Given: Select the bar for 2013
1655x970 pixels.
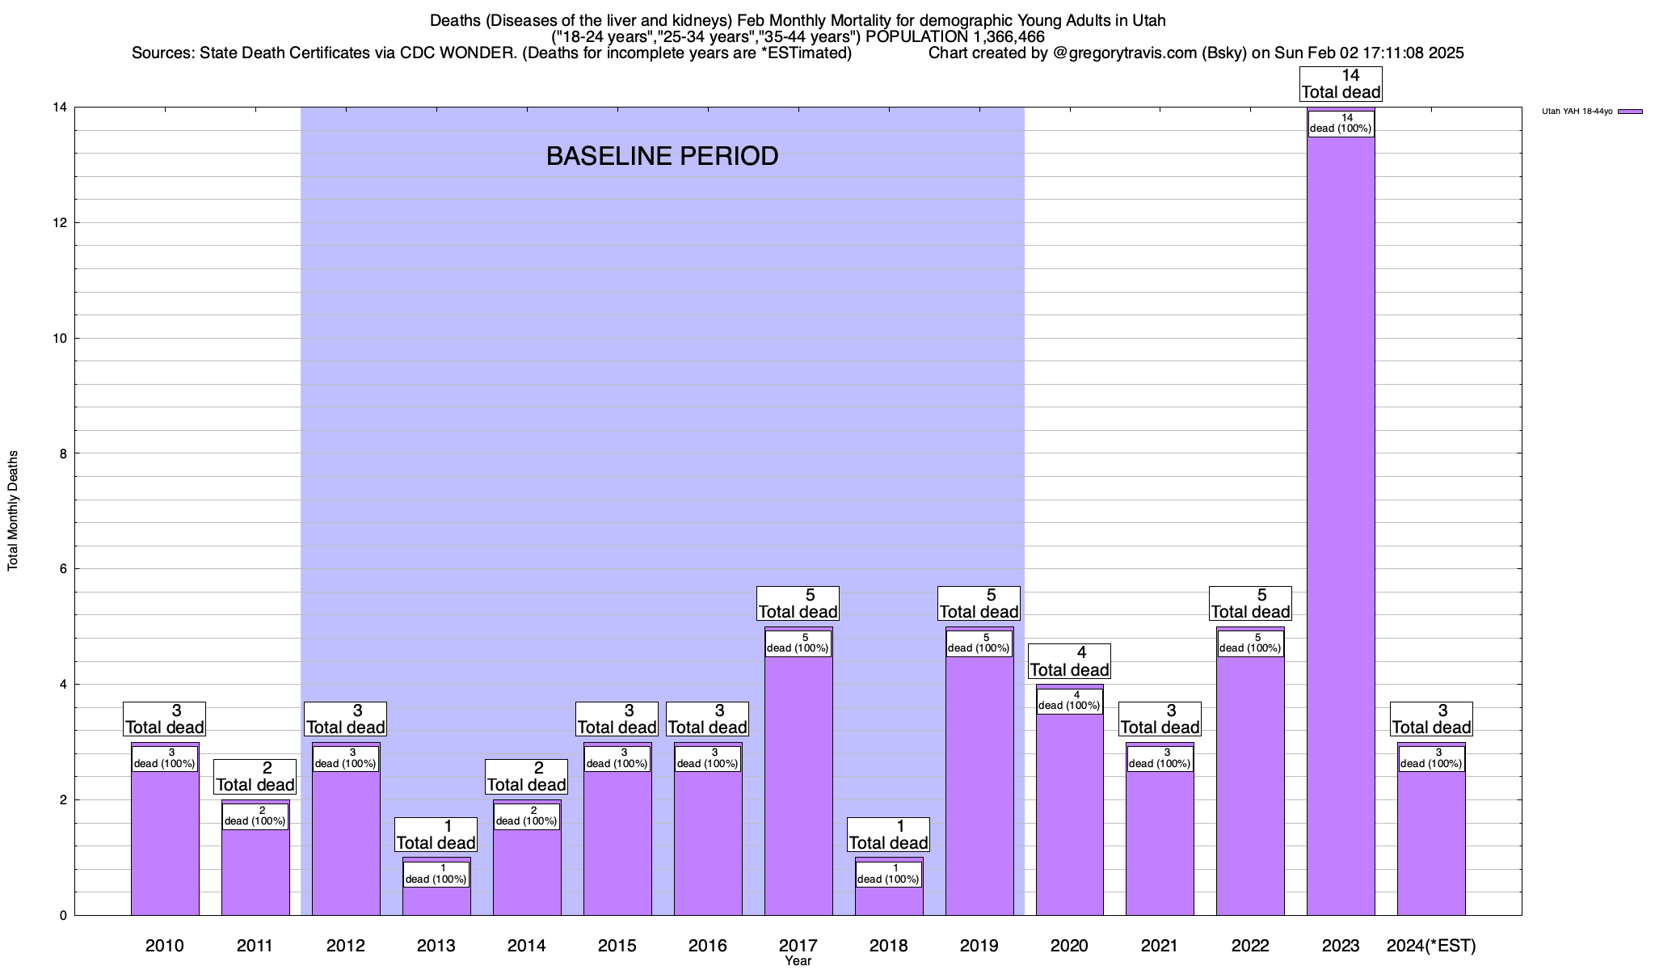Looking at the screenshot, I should tap(436, 897).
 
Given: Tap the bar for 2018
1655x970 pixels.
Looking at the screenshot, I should tap(889, 897).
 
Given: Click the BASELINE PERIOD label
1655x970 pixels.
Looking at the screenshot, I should tap(662, 156).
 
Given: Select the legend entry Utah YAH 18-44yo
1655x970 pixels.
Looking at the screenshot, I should tap(1591, 112).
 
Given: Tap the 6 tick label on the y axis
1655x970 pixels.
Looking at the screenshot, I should tap(62, 569).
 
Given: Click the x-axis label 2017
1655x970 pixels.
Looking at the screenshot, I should tap(798, 945).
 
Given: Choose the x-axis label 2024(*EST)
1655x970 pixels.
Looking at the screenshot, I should tap(1431, 945).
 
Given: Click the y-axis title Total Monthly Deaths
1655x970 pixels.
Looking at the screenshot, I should tap(13, 511).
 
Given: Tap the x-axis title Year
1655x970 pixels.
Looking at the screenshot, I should tap(798, 961).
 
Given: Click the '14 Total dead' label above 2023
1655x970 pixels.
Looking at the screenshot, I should tap(1341, 84).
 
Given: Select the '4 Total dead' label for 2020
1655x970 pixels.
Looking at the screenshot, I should tap(1069, 661).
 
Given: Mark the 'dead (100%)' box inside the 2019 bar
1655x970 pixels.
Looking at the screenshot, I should tap(979, 643).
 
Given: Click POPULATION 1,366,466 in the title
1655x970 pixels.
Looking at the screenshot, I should tap(955, 36).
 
